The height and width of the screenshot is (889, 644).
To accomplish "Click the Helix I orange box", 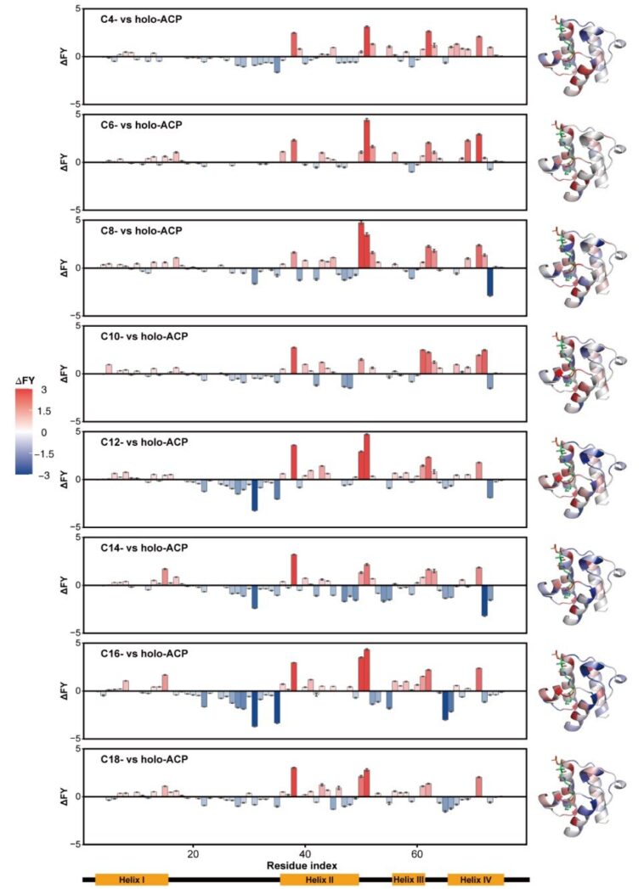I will click(x=132, y=879).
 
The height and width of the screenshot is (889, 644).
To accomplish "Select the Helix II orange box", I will click(x=319, y=879).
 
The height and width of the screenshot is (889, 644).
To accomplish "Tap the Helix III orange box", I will click(x=408, y=879).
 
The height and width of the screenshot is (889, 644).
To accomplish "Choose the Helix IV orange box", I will click(x=475, y=879).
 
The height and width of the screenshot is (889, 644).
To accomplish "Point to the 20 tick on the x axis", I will click(x=193, y=851).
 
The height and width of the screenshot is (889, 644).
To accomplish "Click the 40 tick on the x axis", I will click(x=305, y=851).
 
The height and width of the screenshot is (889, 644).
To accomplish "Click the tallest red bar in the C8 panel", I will click(x=361, y=245).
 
